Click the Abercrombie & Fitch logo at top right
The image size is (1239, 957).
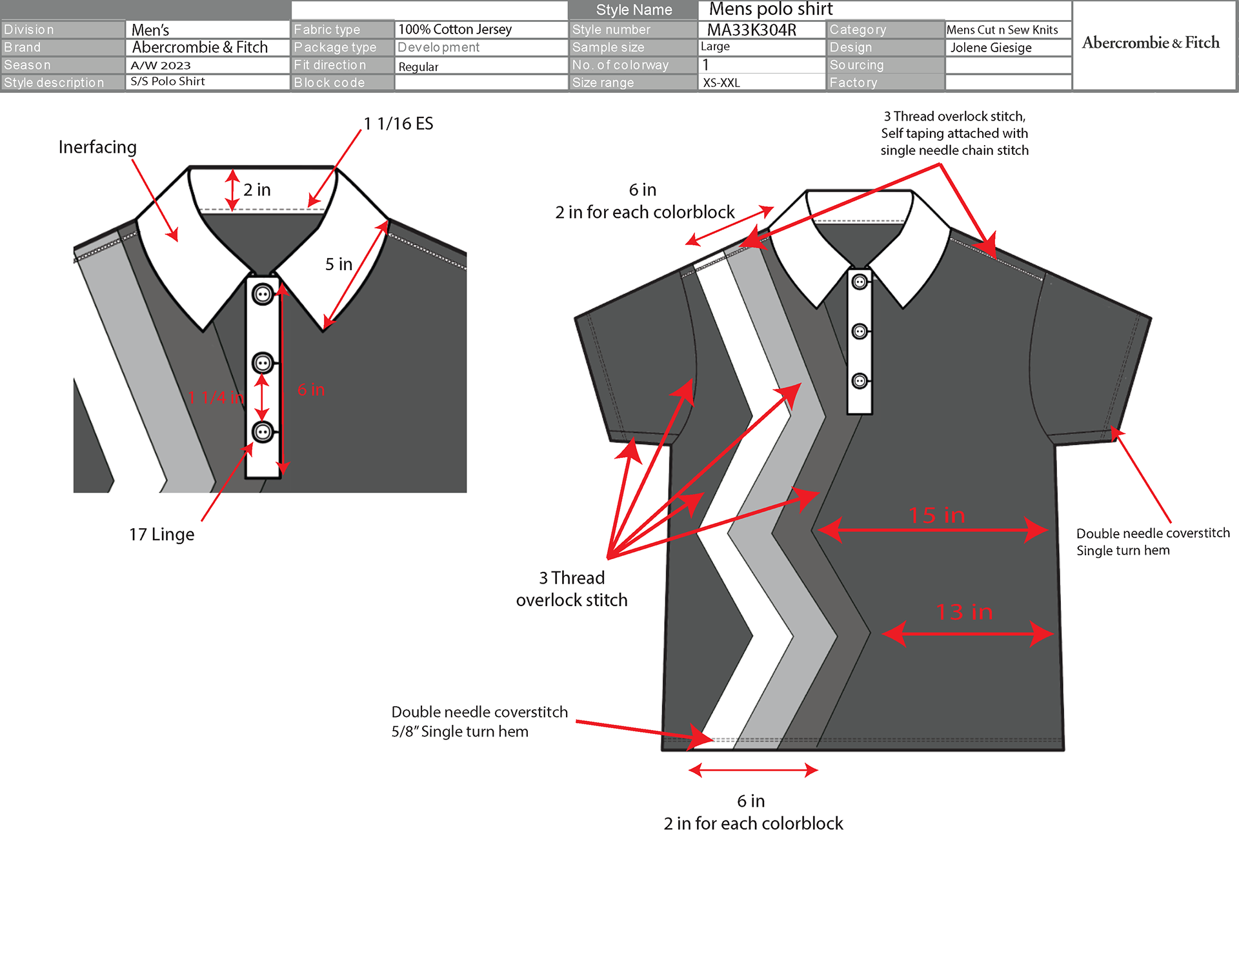point(1151,43)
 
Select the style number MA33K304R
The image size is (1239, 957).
point(751,30)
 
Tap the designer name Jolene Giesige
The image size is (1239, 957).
point(991,48)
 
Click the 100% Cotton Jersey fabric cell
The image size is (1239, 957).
point(455,30)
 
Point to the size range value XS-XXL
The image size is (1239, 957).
point(721,83)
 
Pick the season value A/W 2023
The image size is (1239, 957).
point(161,65)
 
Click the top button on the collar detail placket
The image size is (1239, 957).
point(263,295)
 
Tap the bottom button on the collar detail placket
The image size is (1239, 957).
point(263,431)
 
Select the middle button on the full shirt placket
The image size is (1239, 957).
point(860,331)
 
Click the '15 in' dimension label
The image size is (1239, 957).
point(936,515)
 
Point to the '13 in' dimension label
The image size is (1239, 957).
point(964,612)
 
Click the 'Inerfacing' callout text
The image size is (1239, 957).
point(97,147)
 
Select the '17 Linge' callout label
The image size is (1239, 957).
point(161,534)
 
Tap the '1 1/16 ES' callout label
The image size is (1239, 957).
point(398,124)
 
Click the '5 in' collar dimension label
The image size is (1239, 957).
point(339,264)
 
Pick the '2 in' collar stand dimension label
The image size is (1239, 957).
point(257,190)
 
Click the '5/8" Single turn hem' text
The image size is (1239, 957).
point(459,731)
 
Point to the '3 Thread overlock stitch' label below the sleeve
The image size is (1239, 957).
point(572,589)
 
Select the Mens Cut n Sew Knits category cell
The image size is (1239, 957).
point(1002,30)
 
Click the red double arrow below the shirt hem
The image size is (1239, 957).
point(753,770)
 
